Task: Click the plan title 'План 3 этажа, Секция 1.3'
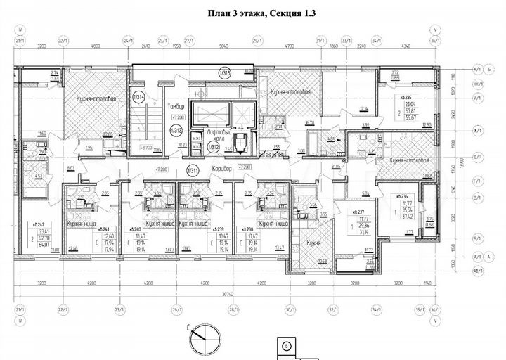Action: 258,12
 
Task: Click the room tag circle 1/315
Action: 224,72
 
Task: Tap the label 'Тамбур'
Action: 175,107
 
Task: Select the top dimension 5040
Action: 223,45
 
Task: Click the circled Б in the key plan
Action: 287,347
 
